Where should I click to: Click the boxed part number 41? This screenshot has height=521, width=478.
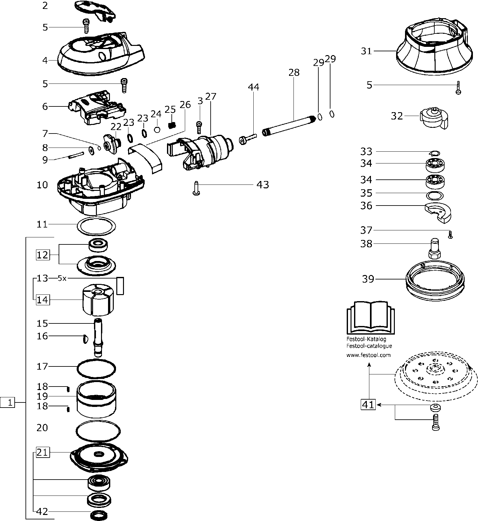[368, 405]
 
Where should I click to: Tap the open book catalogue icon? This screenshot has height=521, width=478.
[370, 318]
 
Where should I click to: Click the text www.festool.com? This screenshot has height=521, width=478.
[368, 355]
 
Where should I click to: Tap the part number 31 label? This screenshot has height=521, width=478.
[366, 51]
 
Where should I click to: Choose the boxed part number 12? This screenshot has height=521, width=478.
[43, 255]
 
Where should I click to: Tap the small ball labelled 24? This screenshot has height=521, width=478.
[156, 129]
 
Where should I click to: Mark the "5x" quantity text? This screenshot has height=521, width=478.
[62, 278]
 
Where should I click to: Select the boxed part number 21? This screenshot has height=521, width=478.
[43, 452]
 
